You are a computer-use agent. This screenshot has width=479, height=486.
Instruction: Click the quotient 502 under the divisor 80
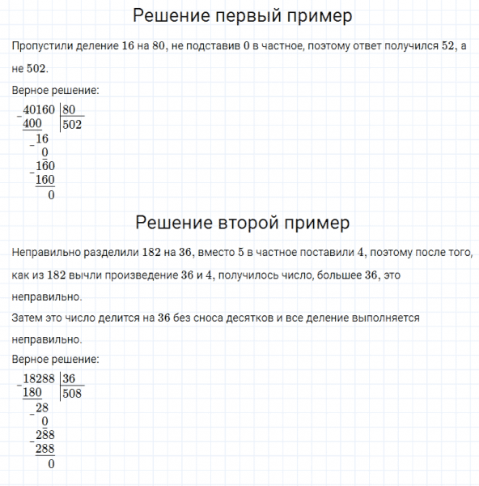[x=73, y=125]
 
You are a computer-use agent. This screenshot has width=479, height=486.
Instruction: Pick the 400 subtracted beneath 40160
[x=33, y=124]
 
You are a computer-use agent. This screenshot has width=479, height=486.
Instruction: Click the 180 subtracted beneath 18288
[x=33, y=393]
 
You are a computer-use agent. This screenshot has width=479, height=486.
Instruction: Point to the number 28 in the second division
[x=43, y=407]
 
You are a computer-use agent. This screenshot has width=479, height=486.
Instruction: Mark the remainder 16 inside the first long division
[x=43, y=139]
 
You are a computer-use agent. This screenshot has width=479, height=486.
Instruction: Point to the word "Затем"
[x=28, y=318]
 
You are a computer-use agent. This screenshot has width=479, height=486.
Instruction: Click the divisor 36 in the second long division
[x=70, y=379]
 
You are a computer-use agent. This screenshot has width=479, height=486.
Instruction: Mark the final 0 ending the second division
[x=51, y=464]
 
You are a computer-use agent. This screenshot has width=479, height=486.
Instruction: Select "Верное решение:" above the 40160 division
[x=56, y=91]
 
